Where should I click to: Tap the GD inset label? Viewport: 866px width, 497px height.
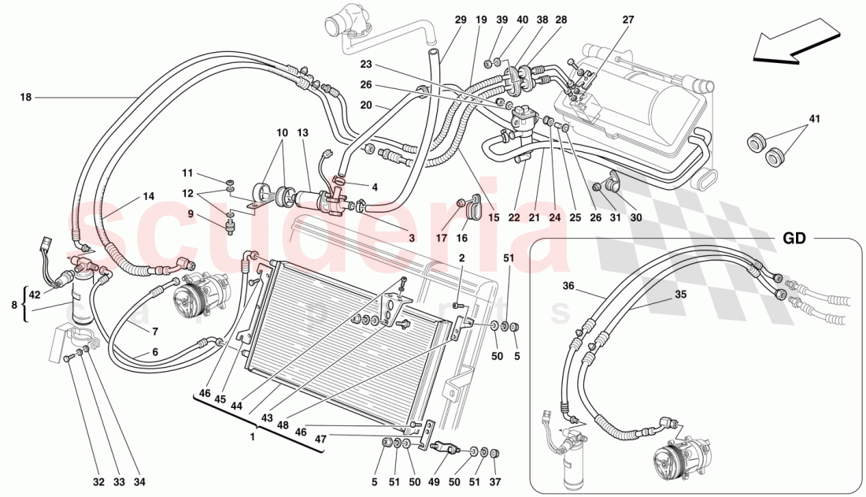point(794,238)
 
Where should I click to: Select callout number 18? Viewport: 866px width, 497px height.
point(26,98)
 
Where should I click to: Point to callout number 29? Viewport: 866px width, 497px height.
point(461,20)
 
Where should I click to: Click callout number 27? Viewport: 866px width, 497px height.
point(627,20)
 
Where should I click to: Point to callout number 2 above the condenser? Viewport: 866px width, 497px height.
point(462,257)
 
